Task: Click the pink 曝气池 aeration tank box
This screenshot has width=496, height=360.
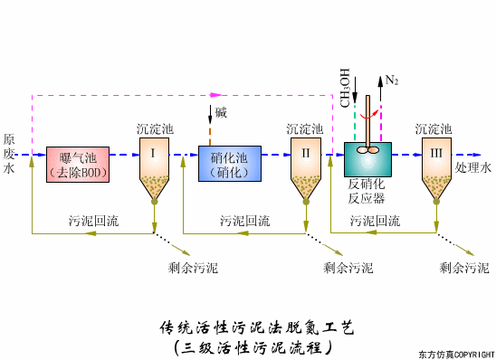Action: point(77,163)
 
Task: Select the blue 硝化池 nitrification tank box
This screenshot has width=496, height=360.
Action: point(229,163)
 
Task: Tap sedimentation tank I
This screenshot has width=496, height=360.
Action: point(154,167)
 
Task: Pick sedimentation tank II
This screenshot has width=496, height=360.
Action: point(306,167)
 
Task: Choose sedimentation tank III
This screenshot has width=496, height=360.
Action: point(437,167)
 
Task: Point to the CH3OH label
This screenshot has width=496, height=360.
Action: point(345,87)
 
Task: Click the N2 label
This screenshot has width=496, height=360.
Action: point(392,81)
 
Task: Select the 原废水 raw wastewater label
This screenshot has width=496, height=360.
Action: point(9,154)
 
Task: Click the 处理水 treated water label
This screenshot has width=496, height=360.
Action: point(473,167)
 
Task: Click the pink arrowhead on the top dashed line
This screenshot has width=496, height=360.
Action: point(215,92)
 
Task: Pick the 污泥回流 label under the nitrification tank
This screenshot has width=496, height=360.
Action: point(244,219)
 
